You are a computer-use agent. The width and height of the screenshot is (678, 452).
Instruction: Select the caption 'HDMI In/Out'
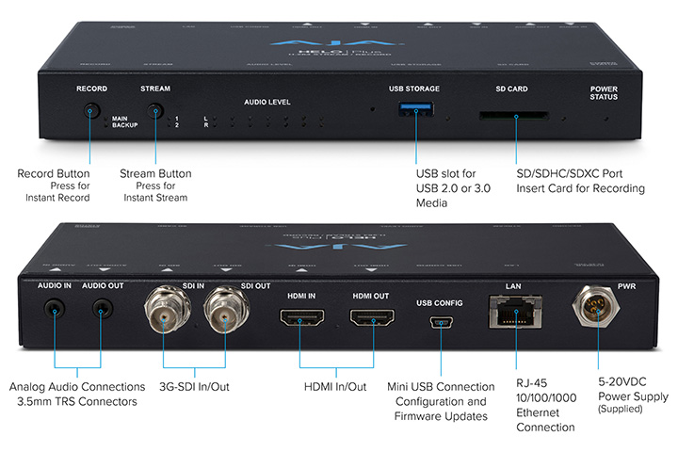pos(335,387)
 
